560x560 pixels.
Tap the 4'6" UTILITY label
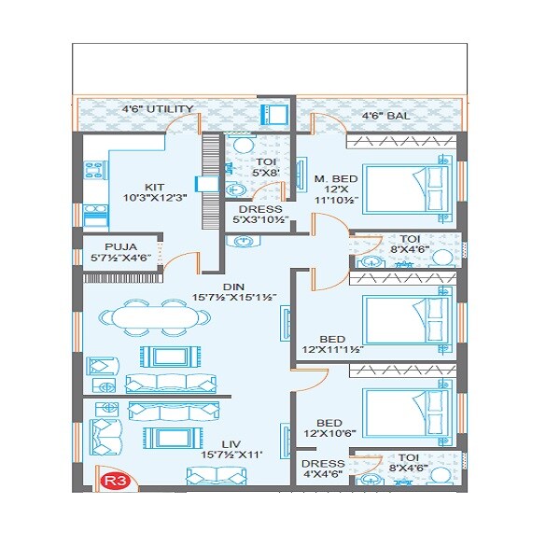pos(158,109)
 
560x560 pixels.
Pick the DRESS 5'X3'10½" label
pos(255,215)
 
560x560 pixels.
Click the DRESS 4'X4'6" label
pos(321,468)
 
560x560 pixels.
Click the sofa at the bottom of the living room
pos(220,475)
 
